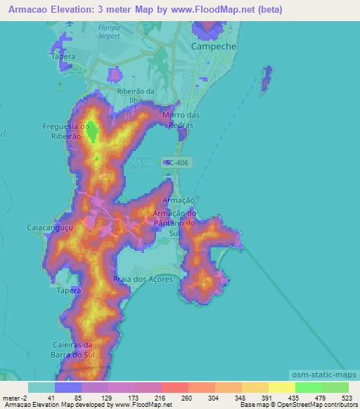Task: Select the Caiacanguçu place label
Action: pyautogui.click(x=47, y=228)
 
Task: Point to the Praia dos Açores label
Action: pyautogui.click(x=141, y=280)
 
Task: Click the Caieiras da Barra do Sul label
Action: pyautogui.click(x=73, y=349)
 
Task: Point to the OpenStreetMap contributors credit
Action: pyautogui.click(x=320, y=405)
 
